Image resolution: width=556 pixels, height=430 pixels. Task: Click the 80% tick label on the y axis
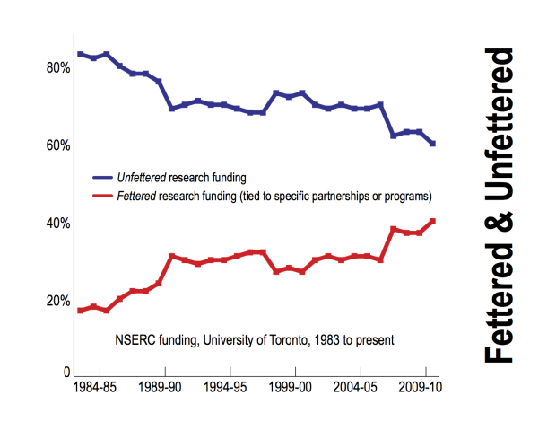point(57,68)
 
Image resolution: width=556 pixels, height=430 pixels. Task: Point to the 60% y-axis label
point(57,145)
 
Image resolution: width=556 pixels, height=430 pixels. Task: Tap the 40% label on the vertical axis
point(57,224)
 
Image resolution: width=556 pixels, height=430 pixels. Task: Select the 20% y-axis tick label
point(57,301)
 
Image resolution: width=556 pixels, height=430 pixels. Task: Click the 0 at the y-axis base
point(65,371)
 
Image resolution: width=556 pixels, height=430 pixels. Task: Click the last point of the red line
point(433,221)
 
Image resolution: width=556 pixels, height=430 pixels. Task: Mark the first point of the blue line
point(81,54)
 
